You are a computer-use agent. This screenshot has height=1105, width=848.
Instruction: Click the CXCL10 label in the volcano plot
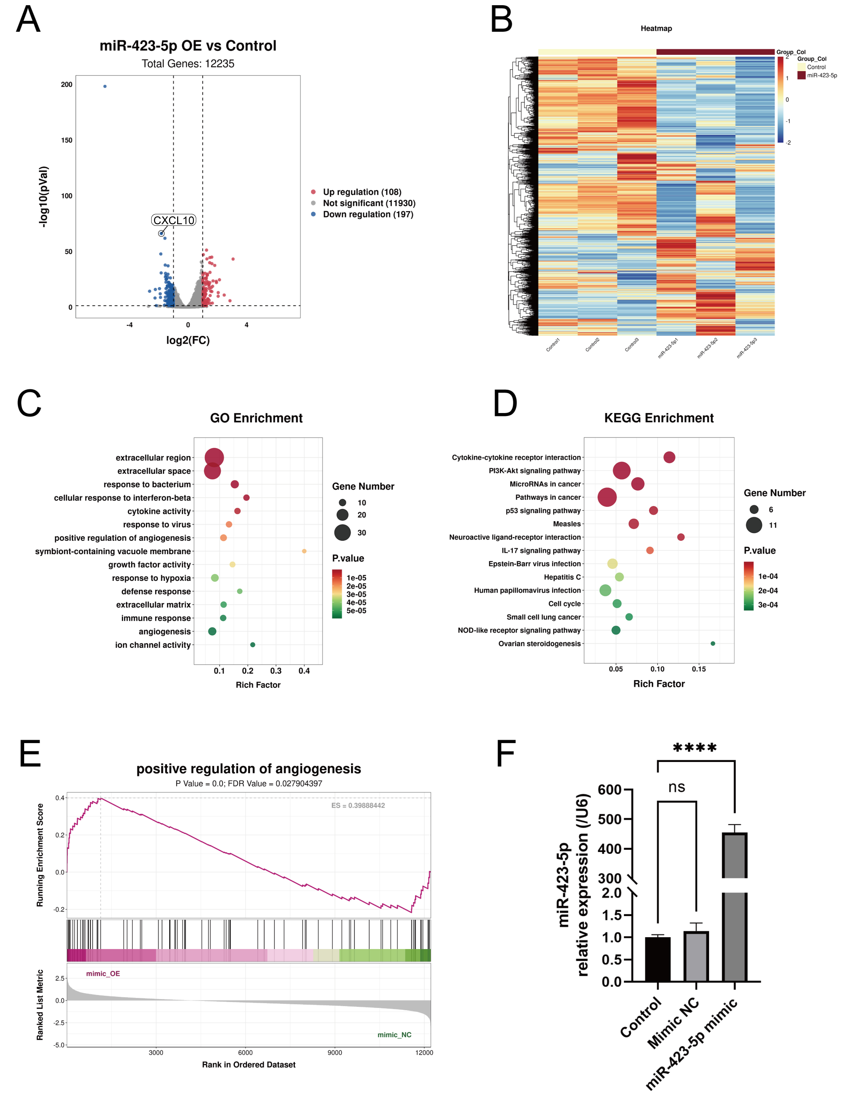pos(174,220)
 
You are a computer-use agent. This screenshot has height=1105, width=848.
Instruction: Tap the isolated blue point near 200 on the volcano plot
pos(105,86)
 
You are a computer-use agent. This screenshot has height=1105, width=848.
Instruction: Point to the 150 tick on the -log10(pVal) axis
pos(67,140)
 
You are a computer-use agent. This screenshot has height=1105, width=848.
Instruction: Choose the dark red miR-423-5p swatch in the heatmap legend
pos(801,75)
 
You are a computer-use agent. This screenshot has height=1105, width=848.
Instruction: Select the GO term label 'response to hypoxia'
pos(151,578)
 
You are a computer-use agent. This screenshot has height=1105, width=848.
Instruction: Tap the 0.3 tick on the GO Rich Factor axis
pos(276,671)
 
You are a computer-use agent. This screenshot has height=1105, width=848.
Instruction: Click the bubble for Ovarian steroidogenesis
pos(713,643)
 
